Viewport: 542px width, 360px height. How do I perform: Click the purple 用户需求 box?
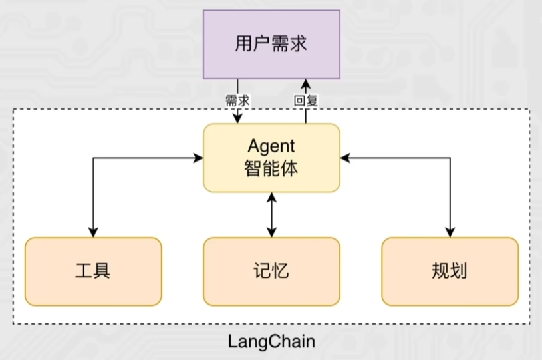pyautogui.click(x=272, y=45)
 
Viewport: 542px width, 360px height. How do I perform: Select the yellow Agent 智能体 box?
pyautogui.click(x=272, y=158)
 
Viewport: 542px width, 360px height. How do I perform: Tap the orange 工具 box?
pyautogui.click(x=93, y=271)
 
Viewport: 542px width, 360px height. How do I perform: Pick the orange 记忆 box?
pyautogui.click(x=272, y=271)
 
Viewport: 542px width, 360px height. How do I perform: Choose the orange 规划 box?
pyautogui.click(x=450, y=271)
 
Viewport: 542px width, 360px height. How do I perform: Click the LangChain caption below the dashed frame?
pyautogui.click(x=272, y=341)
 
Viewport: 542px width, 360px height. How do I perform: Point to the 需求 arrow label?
pyautogui.click(x=237, y=101)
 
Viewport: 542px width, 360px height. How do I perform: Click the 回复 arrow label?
pyautogui.click(x=306, y=101)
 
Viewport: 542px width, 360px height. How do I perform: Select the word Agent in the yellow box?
pyautogui.click(x=271, y=146)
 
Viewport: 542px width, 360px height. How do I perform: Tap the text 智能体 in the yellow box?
pyautogui.click(x=271, y=169)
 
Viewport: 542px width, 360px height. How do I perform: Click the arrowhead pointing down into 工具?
pyautogui.click(x=93, y=232)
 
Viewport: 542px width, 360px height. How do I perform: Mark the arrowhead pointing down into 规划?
pyautogui.click(x=450, y=232)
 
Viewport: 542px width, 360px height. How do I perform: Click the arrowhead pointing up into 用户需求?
pyautogui.click(x=306, y=84)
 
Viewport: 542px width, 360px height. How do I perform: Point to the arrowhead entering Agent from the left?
pyautogui.click(x=198, y=158)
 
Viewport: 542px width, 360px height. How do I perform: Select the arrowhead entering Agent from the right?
pyautogui.click(x=345, y=158)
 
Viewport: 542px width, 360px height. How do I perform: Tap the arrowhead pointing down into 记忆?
pyautogui.click(x=272, y=232)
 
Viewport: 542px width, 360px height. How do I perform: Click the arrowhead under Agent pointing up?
pyautogui.click(x=272, y=198)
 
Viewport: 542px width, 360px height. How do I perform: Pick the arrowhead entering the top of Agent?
pyautogui.click(x=237, y=118)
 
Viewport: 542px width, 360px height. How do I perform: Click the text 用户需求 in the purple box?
pyautogui.click(x=271, y=44)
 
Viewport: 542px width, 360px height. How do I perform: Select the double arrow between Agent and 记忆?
pyautogui.click(x=272, y=215)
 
